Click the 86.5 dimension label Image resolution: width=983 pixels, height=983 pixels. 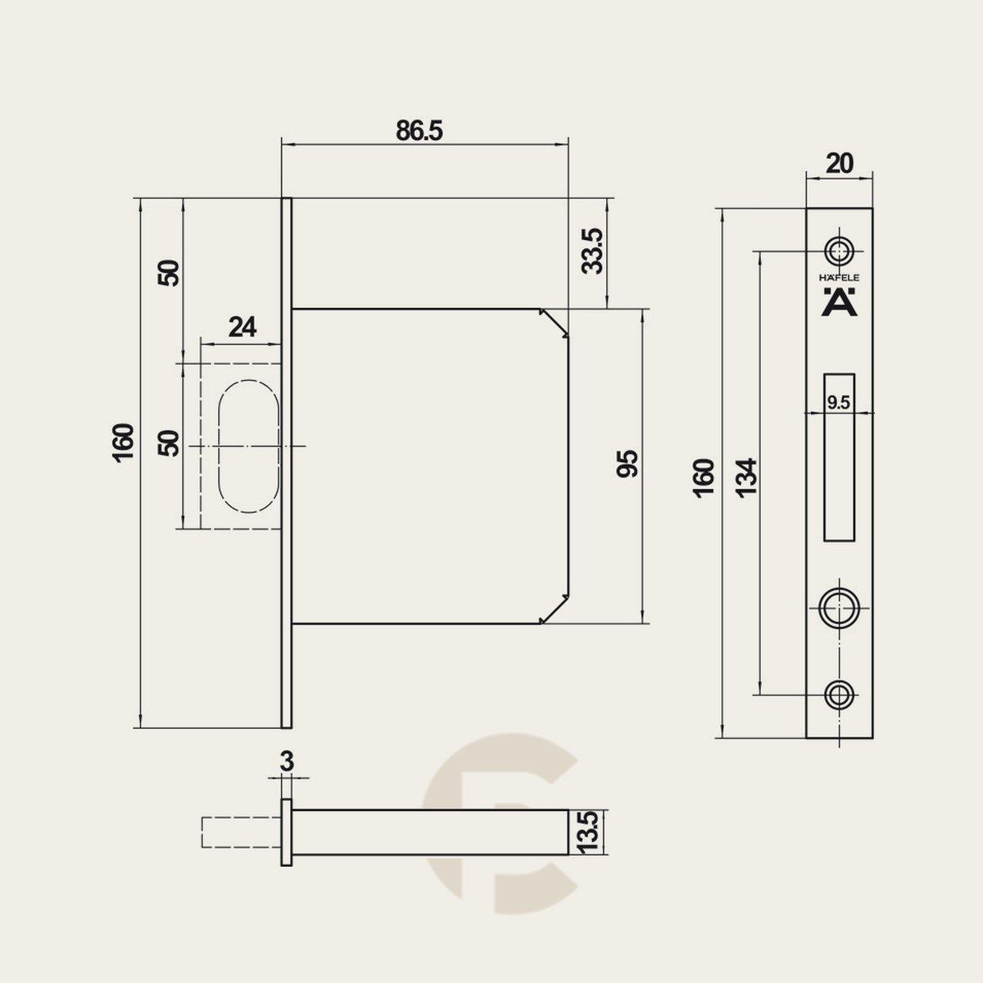coord(419,131)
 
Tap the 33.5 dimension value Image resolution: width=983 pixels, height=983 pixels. coord(592,251)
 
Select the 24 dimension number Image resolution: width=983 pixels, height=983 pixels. coord(242,328)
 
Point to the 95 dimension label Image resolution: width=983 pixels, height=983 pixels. coord(627,463)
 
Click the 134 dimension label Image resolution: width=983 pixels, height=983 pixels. coord(745,478)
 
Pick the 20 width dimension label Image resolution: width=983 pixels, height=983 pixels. coord(839,164)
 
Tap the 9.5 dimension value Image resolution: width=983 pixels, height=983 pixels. coord(839,403)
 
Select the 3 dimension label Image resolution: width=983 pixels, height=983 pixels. coord(288,762)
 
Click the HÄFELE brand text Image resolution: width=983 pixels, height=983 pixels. coord(839,278)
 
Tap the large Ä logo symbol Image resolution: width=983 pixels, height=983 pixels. coord(839,302)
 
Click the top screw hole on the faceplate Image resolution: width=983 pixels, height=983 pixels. coord(839,251)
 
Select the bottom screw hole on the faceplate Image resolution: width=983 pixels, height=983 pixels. coord(839,695)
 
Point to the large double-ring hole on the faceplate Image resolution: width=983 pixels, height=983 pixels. coord(839,608)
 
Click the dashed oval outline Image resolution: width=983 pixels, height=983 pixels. coord(220,446)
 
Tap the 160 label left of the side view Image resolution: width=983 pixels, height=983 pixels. coord(123,443)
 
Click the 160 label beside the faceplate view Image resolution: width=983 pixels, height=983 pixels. coord(704,478)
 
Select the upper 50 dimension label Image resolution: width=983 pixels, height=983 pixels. coord(169,274)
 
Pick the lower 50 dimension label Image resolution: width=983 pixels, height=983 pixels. coord(169,443)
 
